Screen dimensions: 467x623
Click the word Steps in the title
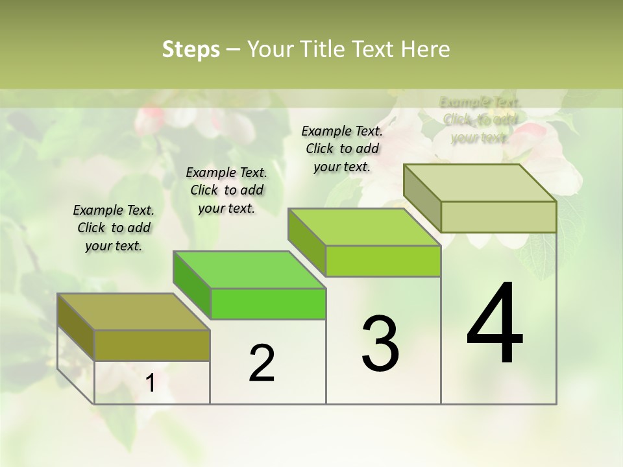(x=191, y=49)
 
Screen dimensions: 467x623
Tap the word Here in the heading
(x=426, y=49)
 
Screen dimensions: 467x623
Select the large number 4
(x=495, y=324)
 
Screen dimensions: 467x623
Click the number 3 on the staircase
(x=380, y=344)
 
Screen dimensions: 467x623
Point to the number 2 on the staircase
(x=262, y=363)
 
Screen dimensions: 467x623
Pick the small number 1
(x=151, y=383)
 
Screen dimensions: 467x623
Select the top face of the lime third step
(x=364, y=227)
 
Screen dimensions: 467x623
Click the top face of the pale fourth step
(x=480, y=182)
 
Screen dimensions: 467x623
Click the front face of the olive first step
(x=152, y=345)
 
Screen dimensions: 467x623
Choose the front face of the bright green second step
(x=268, y=304)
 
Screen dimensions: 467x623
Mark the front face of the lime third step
(x=383, y=261)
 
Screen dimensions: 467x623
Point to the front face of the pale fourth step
(x=498, y=217)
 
